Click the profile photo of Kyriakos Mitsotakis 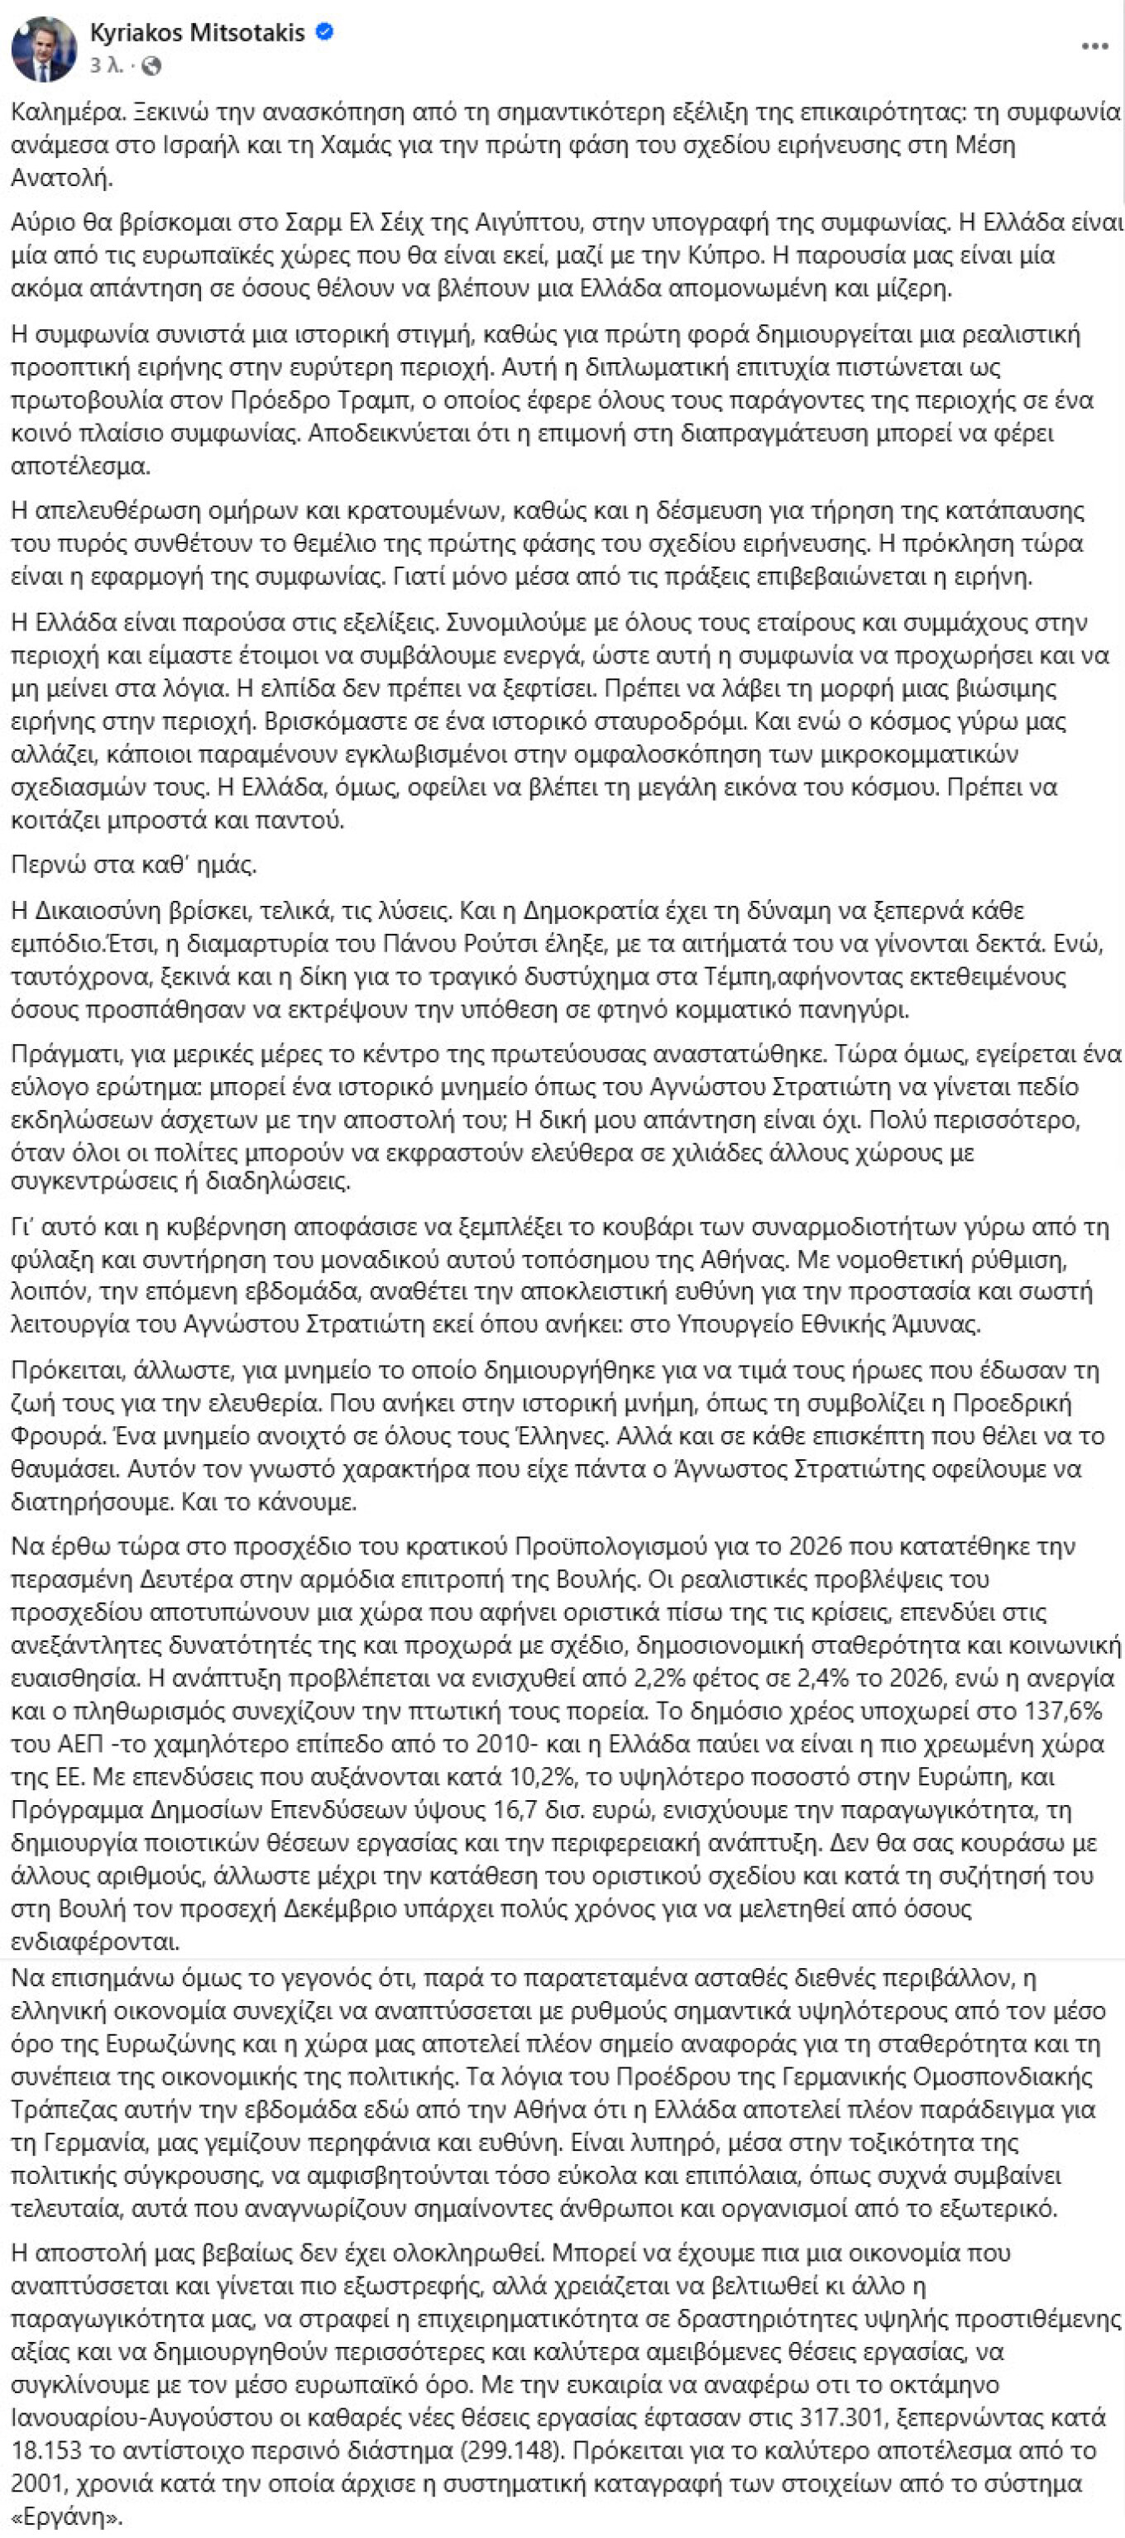click(x=43, y=48)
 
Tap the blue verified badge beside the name click(x=325, y=33)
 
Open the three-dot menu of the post click(x=1094, y=46)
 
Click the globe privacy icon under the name click(x=151, y=67)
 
